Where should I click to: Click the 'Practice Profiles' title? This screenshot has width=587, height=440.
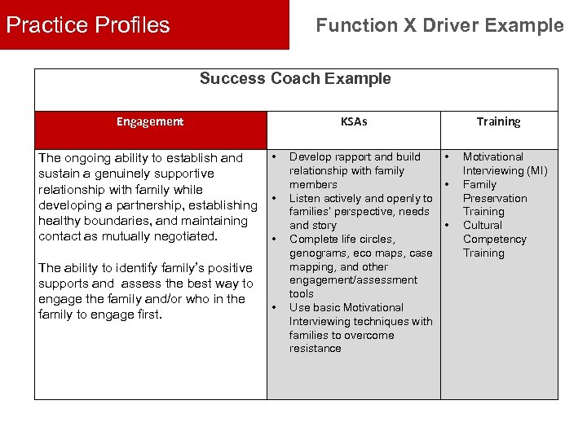coord(88,25)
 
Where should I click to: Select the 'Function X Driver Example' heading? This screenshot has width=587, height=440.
coord(439,25)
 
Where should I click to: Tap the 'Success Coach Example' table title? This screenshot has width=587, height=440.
coord(295,79)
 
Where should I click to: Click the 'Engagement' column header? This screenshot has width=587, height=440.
coord(150,121)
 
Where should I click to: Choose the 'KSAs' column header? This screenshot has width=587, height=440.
coord(354,121)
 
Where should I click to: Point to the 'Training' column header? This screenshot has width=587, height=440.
coord(498,121)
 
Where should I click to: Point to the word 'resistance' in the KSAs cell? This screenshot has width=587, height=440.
coord(316,349)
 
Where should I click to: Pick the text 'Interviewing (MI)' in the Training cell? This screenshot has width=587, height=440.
coord(505,170)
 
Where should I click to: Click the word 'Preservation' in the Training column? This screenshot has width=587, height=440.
coord(495,198)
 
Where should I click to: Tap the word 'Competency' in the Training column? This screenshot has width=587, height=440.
coord(495,239)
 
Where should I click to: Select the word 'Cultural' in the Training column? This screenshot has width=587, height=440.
coord(483,225)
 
